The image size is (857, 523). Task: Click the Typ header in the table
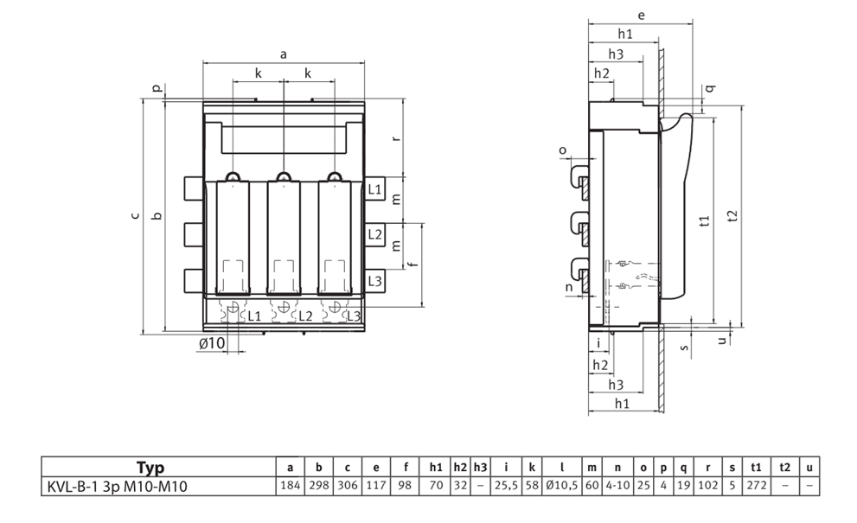[150, 468]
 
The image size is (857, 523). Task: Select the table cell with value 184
[291, 485]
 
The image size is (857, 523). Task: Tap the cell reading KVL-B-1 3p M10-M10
[117, 486]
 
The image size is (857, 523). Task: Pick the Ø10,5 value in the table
[561, 485]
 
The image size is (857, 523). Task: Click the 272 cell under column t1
[756, 485]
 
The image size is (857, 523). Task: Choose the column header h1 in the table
[436, 468]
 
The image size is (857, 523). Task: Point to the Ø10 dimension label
[212, 343]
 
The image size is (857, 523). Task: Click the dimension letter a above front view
[283, 54]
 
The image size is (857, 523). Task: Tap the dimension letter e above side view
[641, 16]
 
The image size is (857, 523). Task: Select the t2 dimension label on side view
[733, 216]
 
